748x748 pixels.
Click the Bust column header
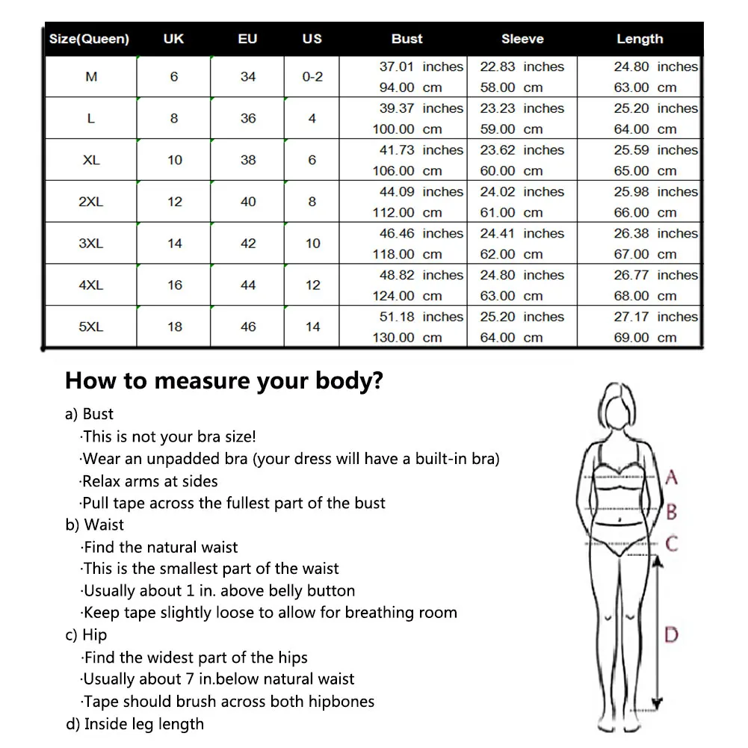click(x=407, y=39)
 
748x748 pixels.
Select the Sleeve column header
click(x=522, y=39)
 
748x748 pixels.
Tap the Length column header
click(x=640, y=39)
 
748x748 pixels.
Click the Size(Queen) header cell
click(x=89, y=39)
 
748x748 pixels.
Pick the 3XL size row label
click(x=91, y=244)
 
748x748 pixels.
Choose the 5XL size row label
click(x=91, y=327)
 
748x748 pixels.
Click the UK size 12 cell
click(x=174, y=202)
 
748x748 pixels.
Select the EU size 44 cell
click(x=248, y=285)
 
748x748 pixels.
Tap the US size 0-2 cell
click(x=312, y=77)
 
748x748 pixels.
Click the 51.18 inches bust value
click(x=421, y=317)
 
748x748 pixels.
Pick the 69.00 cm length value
click(x=645, y=338)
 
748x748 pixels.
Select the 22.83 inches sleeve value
click(x=522, y=67)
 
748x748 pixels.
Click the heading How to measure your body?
click(x=224, y=381)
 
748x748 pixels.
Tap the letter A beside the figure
click(x=672, y=477)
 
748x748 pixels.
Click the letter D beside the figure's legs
click(x=671, y=635)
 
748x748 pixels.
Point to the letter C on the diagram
click(x=672, y=543)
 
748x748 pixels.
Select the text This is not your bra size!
click(x=169, y=436)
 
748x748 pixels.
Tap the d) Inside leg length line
click(x=135, y=723)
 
